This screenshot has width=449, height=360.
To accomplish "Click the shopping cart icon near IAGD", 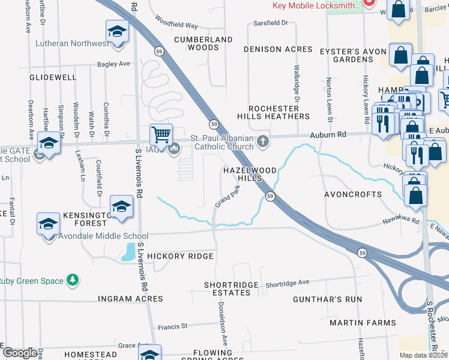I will click(161, 134).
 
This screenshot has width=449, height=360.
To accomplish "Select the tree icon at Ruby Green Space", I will click(73, 280).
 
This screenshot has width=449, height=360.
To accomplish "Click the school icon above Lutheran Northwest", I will click(118, 31).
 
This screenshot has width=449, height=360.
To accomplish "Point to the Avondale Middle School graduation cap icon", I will click(48, 224).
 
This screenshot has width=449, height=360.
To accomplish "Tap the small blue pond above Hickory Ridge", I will click(128, 254).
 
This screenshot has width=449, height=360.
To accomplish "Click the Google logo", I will click(20, 352).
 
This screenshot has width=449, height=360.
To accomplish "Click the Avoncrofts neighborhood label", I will click(353, 194).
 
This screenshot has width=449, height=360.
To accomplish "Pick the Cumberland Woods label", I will click(203, 43).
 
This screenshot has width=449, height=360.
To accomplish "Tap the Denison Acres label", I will click(278, 49).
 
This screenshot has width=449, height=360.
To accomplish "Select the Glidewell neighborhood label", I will click(53, 78).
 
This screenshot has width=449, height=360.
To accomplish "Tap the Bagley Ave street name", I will click(113, 64).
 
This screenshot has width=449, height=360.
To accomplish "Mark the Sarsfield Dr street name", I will click(270, 23).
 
